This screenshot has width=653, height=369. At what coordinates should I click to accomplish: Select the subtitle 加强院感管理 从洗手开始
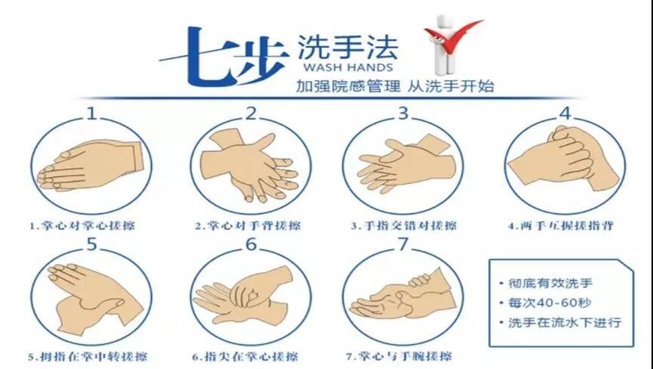[395, 86]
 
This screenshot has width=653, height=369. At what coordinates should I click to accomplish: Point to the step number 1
[91, 114]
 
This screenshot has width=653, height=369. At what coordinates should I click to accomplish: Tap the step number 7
[403, 245]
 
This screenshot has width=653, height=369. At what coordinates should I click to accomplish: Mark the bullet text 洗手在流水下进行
[564, 322]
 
